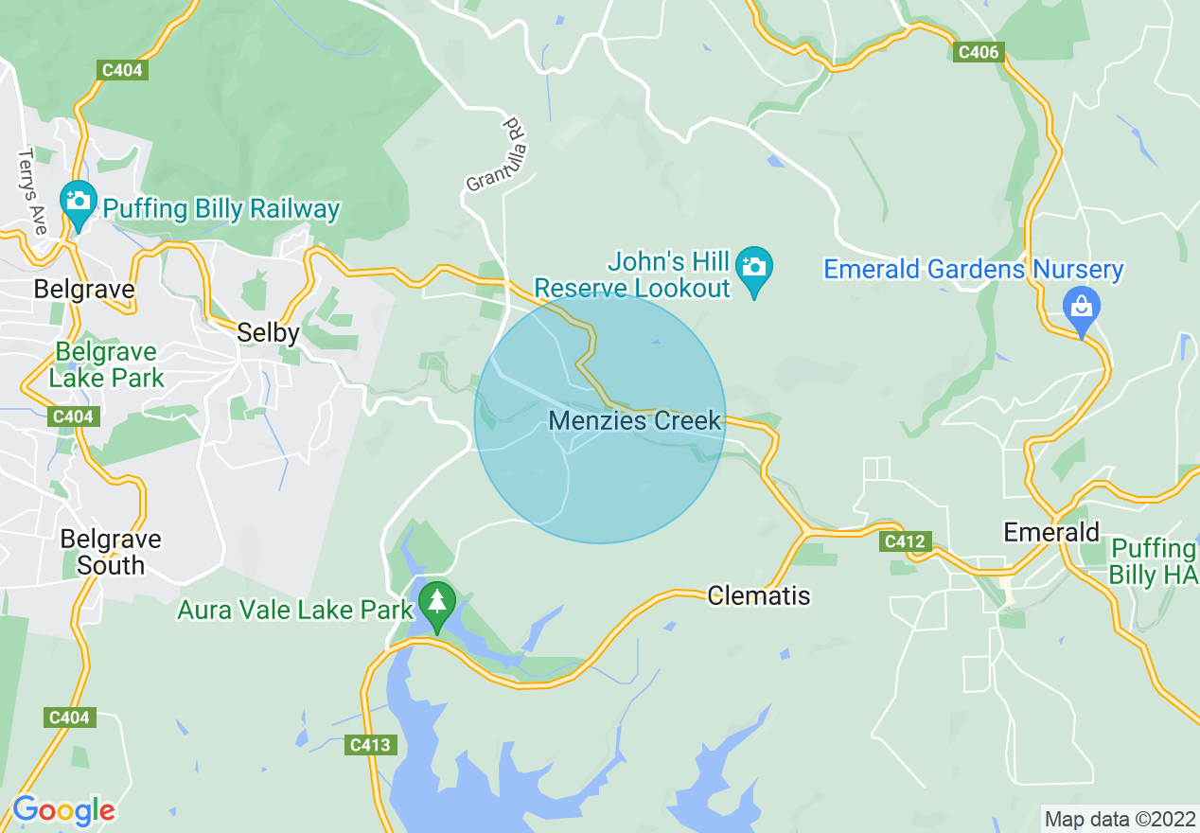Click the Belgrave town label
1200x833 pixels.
pyautogui.click(x=84, y=289)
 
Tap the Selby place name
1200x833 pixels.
pyautogui.click(x=268, y=332)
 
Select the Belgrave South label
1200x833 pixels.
pyautogui.click(x=111, y=552)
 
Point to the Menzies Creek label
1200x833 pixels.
pyautogui.click(x=635, y=421)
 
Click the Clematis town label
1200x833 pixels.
pyautogui.click(x=759, y=595)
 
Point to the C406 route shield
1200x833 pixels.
pyautogui.click(x=978, y=52)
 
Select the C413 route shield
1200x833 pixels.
pyautogui.click(x=370, y=745)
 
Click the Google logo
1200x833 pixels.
pyautogui.click(x=63, y=810)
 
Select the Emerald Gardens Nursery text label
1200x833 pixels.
pyautogui.click(x=973, y=270)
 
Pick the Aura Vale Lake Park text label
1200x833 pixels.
pyautogui.click(x=295, y=610)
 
